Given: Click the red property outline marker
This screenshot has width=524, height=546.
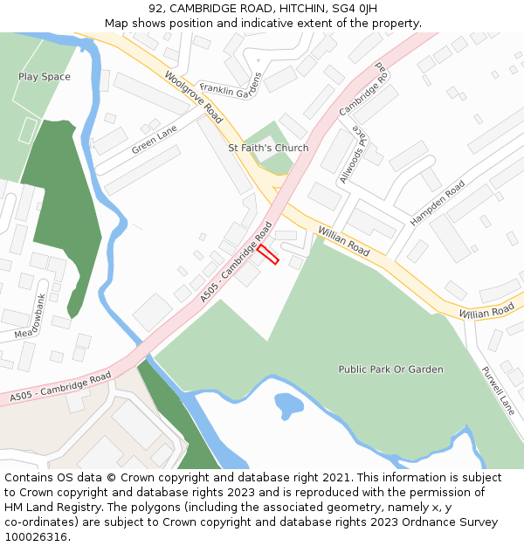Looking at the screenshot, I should coord(268,254).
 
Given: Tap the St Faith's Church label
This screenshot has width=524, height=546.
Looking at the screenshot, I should coord(268,148).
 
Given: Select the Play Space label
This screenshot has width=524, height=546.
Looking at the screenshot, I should coord(45,77).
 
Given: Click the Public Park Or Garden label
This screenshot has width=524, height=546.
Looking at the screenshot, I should coord(390,370).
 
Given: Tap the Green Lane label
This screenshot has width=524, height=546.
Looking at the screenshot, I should coord(155,140).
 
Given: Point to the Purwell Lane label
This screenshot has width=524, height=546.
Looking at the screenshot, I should coord(498,390).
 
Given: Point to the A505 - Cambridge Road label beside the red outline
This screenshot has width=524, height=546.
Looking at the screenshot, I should coord(236,262).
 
